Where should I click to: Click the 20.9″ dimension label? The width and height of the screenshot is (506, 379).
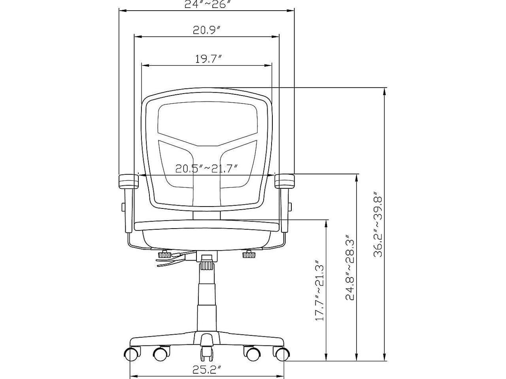[x=206, y=30]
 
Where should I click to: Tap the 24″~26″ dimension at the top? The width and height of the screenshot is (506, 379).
[x=207, y=4]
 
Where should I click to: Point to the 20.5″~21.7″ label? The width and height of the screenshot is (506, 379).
[x=206, y=169]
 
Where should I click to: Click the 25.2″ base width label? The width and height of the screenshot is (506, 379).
[x=206, y=370]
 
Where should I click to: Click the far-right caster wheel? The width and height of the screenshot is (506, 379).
[x=281, y=354]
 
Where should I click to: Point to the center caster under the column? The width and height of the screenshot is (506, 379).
[x=206, y=351]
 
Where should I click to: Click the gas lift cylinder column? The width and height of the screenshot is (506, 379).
[x=206, y=300]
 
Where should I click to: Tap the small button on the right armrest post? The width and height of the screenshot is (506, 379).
[x=291, y=206]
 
